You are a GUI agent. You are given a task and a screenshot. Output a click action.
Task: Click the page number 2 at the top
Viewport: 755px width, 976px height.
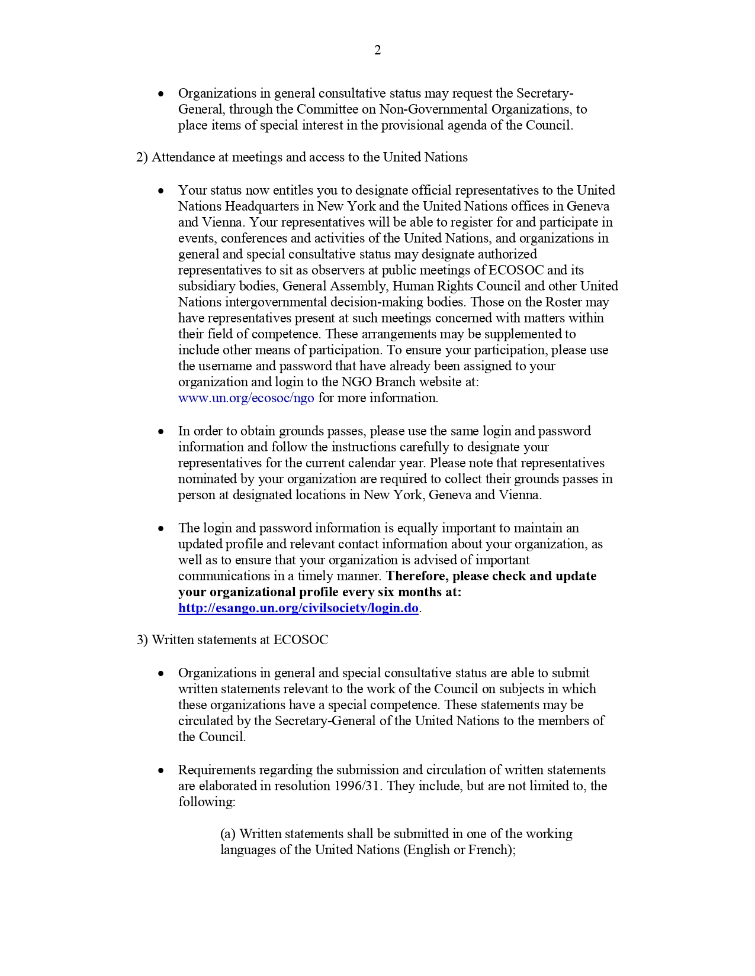pos(377,50)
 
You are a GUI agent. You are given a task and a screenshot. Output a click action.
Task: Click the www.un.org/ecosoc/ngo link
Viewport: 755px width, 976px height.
pos(246,398)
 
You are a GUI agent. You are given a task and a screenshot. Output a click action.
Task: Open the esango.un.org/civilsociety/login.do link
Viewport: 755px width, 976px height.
pos(298,608)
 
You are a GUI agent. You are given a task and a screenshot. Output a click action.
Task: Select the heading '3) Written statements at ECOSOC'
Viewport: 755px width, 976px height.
pos(232,640)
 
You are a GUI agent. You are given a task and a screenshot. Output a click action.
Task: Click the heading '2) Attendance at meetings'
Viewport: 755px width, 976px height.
pos(301,157)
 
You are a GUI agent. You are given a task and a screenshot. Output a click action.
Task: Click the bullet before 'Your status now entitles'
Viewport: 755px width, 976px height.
pos(160,191)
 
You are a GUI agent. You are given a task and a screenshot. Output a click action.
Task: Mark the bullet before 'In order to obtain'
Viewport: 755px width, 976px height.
pos(160,432)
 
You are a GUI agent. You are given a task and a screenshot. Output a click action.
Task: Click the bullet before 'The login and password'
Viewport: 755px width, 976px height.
pos(160,529)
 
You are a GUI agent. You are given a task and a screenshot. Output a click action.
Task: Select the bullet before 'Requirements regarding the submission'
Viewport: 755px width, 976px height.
pos(160,771)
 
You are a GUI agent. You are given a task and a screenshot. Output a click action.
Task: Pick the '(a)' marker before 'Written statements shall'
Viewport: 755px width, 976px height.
pos(228,834)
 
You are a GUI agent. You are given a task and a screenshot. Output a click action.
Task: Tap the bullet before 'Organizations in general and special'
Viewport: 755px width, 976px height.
pos(160,674)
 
